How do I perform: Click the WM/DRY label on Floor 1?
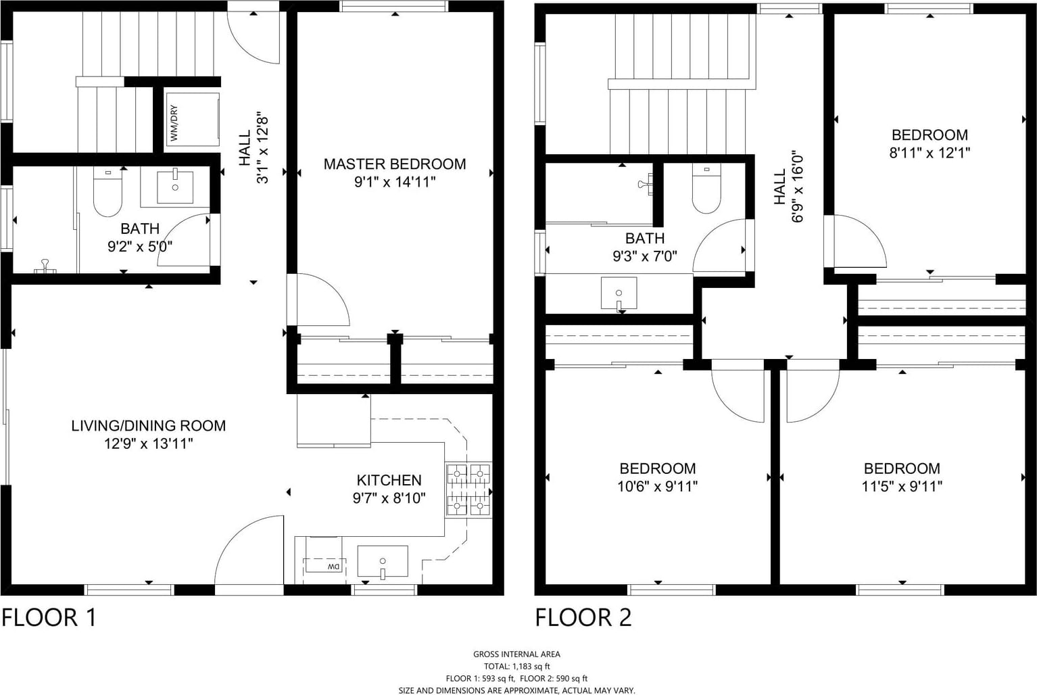pos(174,123)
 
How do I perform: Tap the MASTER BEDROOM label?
pos(394,164)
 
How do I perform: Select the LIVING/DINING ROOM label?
pos(149,425)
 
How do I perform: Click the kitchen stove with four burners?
pos(468,490)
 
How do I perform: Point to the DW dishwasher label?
pos(334,567)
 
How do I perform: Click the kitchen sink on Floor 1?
pos(383,562)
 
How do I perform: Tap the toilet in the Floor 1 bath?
pos(108,192)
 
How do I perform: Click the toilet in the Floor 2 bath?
pos(706,189)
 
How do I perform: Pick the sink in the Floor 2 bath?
pos(619,294)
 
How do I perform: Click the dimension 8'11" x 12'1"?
pos(930,153)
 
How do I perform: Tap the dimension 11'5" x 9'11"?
pos(902,486)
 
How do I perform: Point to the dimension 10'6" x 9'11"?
pos(657,486)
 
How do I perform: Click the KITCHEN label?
pos(389,480)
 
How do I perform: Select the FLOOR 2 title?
pos(583,618)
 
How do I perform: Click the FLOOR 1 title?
pos(49,618)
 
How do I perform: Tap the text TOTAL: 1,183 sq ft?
pos(516,667)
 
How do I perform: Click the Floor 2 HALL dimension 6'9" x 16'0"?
pos(797,187)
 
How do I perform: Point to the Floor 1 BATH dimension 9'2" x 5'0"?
pos(140,246)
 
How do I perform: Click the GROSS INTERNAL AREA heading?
pos(516,654)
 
